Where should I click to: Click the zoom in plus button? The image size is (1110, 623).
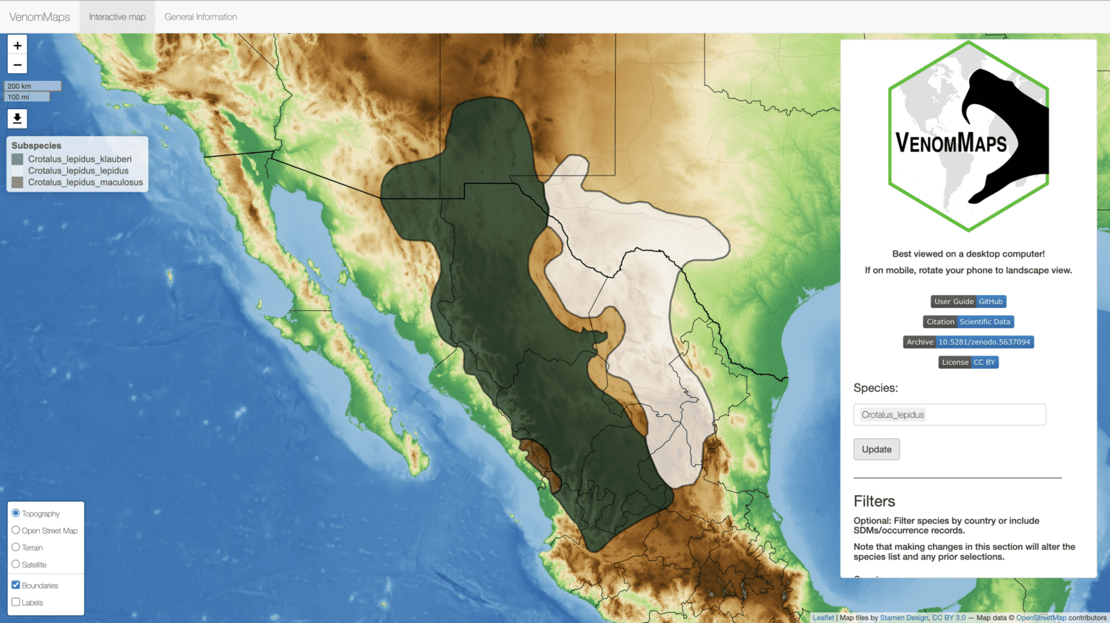click(17, 45)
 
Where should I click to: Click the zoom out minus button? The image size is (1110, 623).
click(17, 64)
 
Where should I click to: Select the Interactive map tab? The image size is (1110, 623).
click(117, 17)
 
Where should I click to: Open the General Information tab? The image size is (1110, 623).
click(201, 17)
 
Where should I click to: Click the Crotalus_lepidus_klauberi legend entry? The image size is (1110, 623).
click(79, 159)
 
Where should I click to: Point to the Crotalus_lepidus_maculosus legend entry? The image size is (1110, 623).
click(85, 182)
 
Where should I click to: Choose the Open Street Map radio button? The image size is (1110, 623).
click(16, 530)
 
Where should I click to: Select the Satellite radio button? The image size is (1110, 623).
click(16, 564)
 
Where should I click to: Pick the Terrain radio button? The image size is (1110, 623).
click(16, 547)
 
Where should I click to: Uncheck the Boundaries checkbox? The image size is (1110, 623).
click(16, 585)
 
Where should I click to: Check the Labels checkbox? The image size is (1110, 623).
click(16, 602)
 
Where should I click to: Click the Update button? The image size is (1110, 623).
click(877, 450)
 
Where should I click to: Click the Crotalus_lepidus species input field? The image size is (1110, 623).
click(950, 415)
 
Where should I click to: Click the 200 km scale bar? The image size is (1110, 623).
click(33, 86)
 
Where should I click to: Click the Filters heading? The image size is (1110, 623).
click(874, 502)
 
